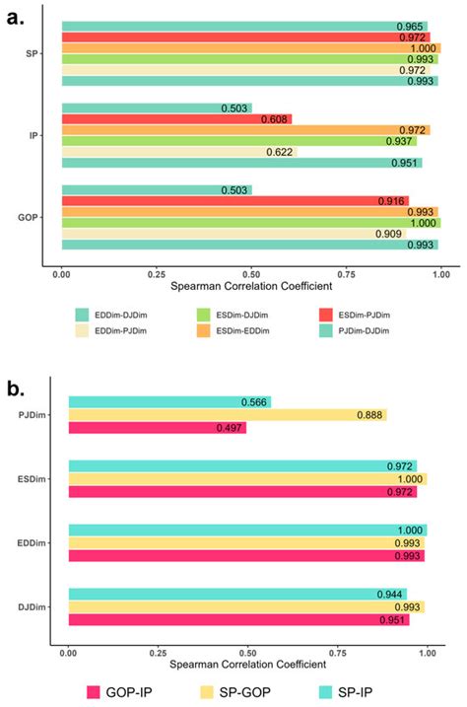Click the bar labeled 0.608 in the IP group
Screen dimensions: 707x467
coord(176,119)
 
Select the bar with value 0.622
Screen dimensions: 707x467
coord(178,152)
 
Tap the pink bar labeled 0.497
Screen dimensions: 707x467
coord(157,428)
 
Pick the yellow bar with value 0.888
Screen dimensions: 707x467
coord(227,415)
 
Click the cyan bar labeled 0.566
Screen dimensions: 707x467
coord(168,401)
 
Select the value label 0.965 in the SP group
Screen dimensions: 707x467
coord(411,26)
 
